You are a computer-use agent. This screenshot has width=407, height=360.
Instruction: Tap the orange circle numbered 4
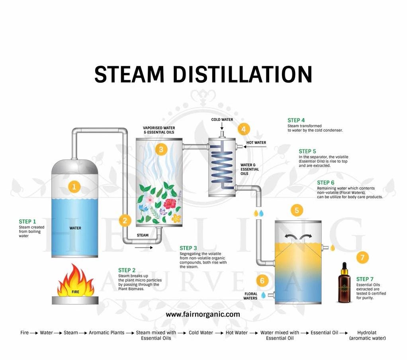pos(244,129)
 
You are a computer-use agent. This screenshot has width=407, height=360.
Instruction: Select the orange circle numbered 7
pos(362,258)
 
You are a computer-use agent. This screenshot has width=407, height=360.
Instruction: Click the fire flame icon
pos(75,281)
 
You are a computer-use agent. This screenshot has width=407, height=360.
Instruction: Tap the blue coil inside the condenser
pos(222,163)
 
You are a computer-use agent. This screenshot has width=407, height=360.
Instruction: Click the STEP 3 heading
pos(188,248)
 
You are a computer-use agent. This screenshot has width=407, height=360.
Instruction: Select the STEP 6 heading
pos(326,183)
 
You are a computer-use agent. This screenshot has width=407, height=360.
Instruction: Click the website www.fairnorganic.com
pos(203,314)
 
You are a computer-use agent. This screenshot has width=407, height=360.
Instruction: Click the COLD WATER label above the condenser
pos(222,120)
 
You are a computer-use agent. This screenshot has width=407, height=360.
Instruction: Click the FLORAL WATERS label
pos(250,296)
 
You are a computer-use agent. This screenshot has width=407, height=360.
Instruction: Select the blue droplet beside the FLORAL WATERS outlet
pos(263,295)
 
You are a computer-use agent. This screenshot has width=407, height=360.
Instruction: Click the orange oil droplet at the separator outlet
pos(333,248)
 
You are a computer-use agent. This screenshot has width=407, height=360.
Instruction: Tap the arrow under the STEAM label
pos(143,247)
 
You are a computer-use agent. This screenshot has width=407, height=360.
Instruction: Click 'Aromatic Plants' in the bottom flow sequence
pos(106,332)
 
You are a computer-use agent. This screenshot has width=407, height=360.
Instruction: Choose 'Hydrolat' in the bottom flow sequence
pos(367,332)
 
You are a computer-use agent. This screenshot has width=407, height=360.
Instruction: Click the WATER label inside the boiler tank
pos(75,228)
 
